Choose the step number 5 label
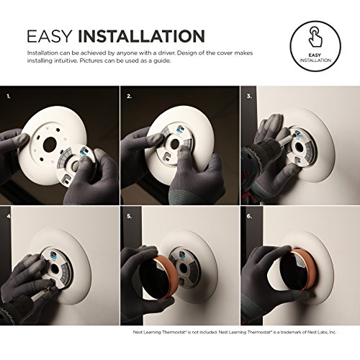128,215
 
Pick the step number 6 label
249,215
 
